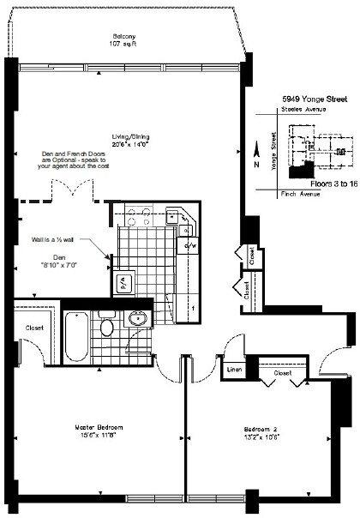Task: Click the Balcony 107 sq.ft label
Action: click(121, 40)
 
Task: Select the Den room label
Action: click(58, 260)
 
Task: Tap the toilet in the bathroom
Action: click(107, 327)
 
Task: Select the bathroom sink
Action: click(138, 320)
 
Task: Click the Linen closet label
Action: click(234, 370)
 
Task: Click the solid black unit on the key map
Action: click(297, 172)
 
